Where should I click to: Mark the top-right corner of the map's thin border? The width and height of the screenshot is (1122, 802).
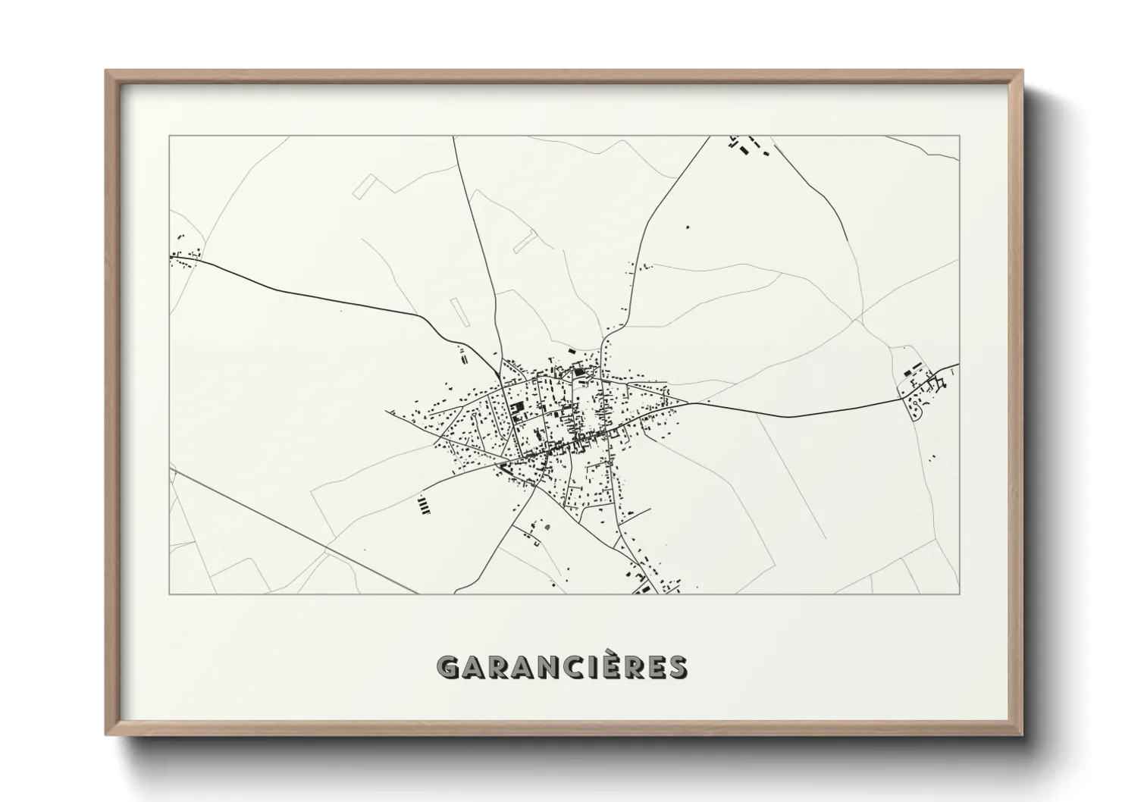[960, 136]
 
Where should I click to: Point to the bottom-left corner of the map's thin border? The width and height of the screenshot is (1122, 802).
[169, 594]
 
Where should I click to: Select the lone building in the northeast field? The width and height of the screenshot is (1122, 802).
[688, 227]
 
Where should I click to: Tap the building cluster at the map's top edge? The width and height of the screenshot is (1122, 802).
[747, 145]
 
